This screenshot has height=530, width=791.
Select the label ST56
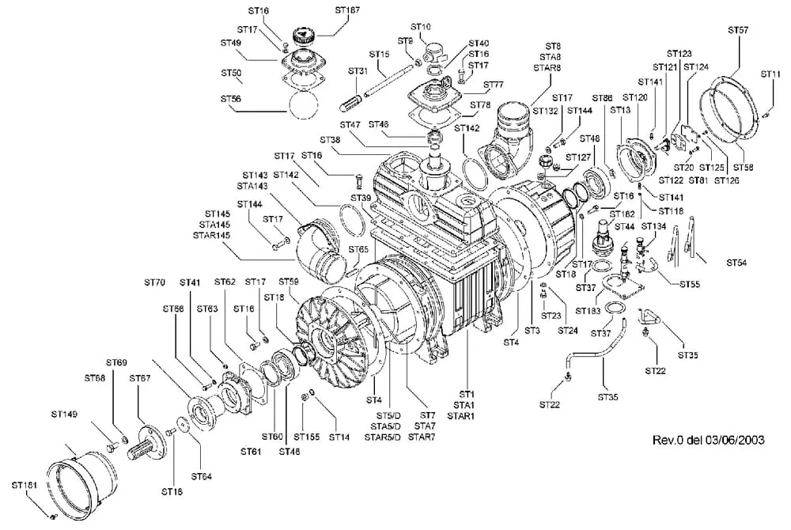pos(232,99)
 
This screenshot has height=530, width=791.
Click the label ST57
pos(738,29)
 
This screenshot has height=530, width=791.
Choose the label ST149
pos(65,413)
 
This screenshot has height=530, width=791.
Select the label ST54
pos(740,261)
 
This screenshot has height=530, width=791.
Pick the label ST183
pos(588,311)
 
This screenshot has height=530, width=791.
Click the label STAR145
pos(211,236)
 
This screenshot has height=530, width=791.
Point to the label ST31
pos(358,71)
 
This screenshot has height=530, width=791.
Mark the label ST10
pos(421,27)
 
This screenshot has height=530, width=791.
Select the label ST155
pos(306,437)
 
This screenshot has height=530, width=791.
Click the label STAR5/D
pos(386,437)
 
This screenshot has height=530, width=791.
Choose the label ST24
pos(566,330)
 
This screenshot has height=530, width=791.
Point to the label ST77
pos(493,85)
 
